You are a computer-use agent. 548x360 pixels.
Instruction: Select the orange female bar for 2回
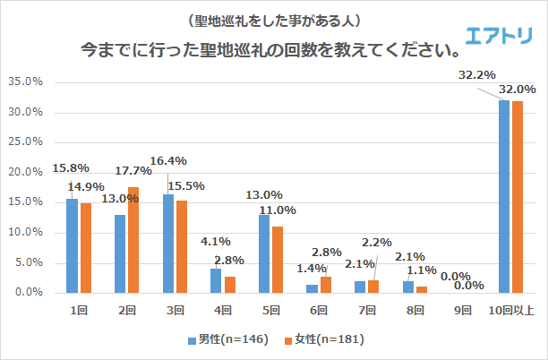[x=134, y=240]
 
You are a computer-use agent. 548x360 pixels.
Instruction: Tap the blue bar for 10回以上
[x=504, y=196]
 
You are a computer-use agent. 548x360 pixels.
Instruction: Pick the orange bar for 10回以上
[x=517, y=197]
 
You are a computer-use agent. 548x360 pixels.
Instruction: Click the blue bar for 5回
[x=264, y=253]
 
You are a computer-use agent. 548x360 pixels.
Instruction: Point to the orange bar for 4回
[x=230, y=284]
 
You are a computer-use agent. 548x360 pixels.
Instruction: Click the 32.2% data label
[x=476, y=76]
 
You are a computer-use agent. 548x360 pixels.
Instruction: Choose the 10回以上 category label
[x=510, y=310]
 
